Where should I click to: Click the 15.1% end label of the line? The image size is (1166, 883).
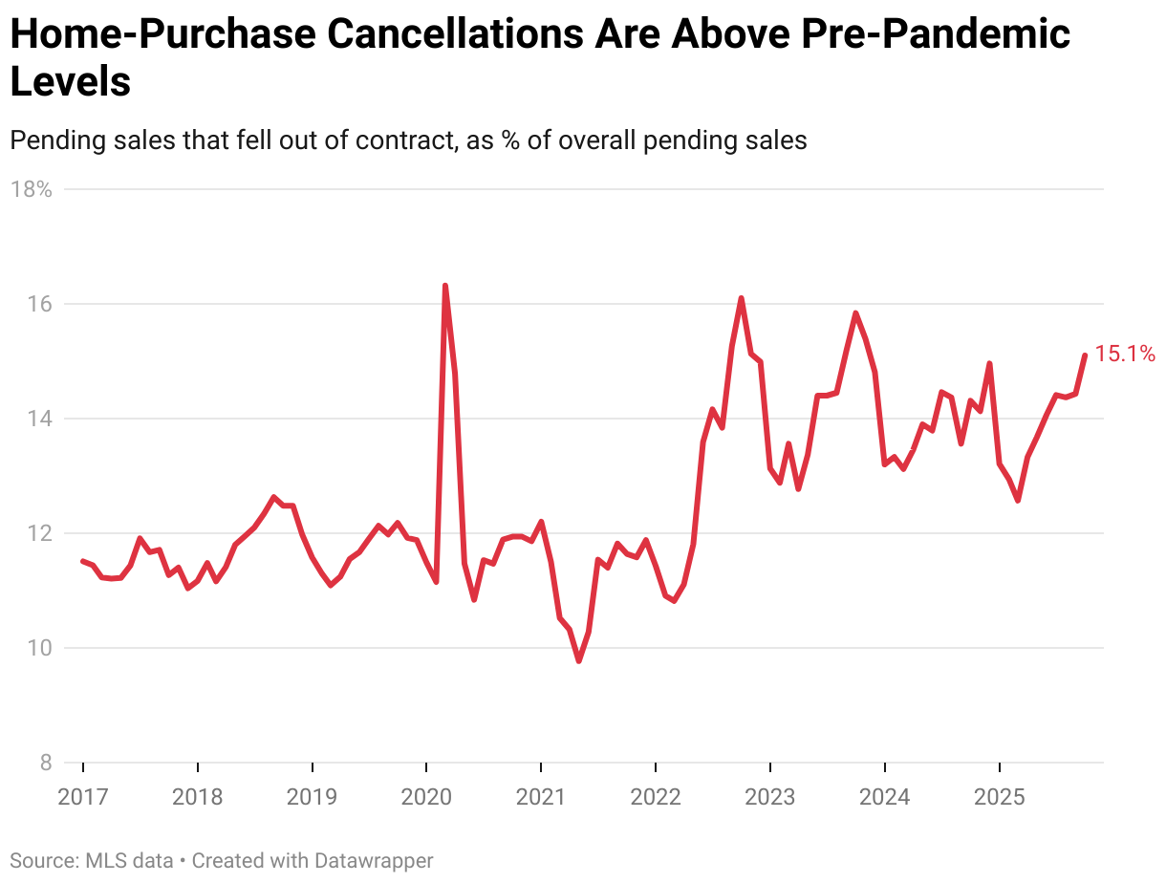pyautogui.click(x=1125, y=355)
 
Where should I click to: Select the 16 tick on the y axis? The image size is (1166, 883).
pyautogui.click(x=38, y=304)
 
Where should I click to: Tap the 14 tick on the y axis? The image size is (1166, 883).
pyautogui.click(x=38, y=419)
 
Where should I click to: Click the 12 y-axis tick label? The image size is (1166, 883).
pyautogui.click(x=38, y=533)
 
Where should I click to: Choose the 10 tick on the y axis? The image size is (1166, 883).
pyautogui.click(x=38, y=648)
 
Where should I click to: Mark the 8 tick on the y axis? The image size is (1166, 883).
pyautogui.click(x=44, y=763)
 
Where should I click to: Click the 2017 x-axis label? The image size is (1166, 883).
pyautogui.click(x=83, y=796)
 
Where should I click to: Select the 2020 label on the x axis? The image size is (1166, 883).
pyautogui.click(x=426, y=796)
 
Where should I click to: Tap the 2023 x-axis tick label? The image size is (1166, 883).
pyautogui.click(x=770, y=796)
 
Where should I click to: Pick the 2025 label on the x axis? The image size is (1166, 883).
pyautogui.click(x=1000, y=796)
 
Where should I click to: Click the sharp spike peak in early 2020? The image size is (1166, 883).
pyautogui.click(x=445, y=286)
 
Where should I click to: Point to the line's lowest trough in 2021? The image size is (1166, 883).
pyautogui.click(x=579, y=660)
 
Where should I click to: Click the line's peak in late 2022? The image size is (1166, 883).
pyautogui.click(x=742, y=298)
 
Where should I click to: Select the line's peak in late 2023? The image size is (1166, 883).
pyautogui.click(x=855, y=312)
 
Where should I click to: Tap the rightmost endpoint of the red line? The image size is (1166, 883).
pyautogui.click(x=1085, y=355)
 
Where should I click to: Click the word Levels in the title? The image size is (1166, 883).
pyautogui.click(x=70, y=82)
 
